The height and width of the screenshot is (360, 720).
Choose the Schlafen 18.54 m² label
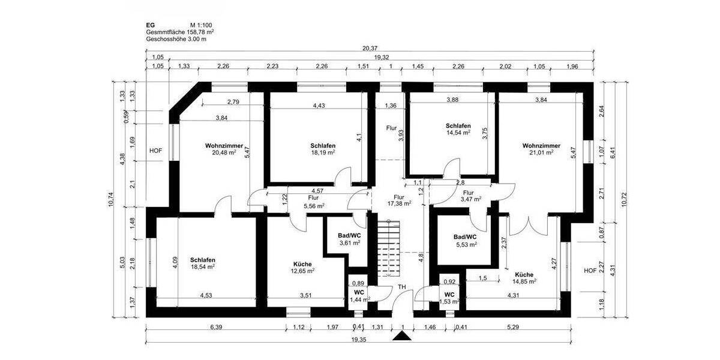coord(203,264)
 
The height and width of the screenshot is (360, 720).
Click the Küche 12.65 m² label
coord(304,268)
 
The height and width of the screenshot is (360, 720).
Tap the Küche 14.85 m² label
coord(524,278)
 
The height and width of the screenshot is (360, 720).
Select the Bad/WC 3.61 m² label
coord(349,239)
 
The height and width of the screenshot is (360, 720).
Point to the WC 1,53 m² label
coord(449,298)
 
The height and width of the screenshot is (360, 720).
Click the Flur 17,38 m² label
coord(399,200)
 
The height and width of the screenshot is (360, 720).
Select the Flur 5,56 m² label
coord(313,201)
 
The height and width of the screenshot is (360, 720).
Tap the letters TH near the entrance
coord(402,287)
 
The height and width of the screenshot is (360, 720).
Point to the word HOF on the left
coord(156,151)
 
